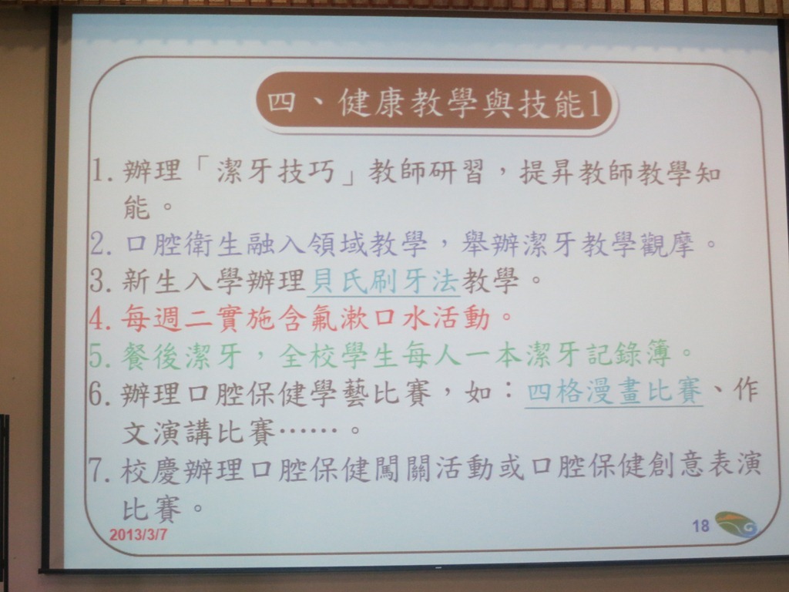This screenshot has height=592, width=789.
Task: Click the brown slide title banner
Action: (x=437, y=104)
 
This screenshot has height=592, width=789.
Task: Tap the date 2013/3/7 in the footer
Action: (x=138, y=534)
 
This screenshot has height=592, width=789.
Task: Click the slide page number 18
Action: (x=700, y=526)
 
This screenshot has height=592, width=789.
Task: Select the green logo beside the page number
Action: (x=736, y=524)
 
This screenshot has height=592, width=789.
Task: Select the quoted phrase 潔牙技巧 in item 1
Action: (x=276, y=171)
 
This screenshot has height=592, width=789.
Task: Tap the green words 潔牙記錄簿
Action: (x=598, y=354)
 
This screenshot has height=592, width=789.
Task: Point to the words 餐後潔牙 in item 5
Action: (x=182, y=356)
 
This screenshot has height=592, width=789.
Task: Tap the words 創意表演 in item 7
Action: (x=703, y=465)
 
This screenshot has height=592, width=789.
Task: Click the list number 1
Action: (x=102, y=170)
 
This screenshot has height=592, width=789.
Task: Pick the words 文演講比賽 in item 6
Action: (x=200, y=432)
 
